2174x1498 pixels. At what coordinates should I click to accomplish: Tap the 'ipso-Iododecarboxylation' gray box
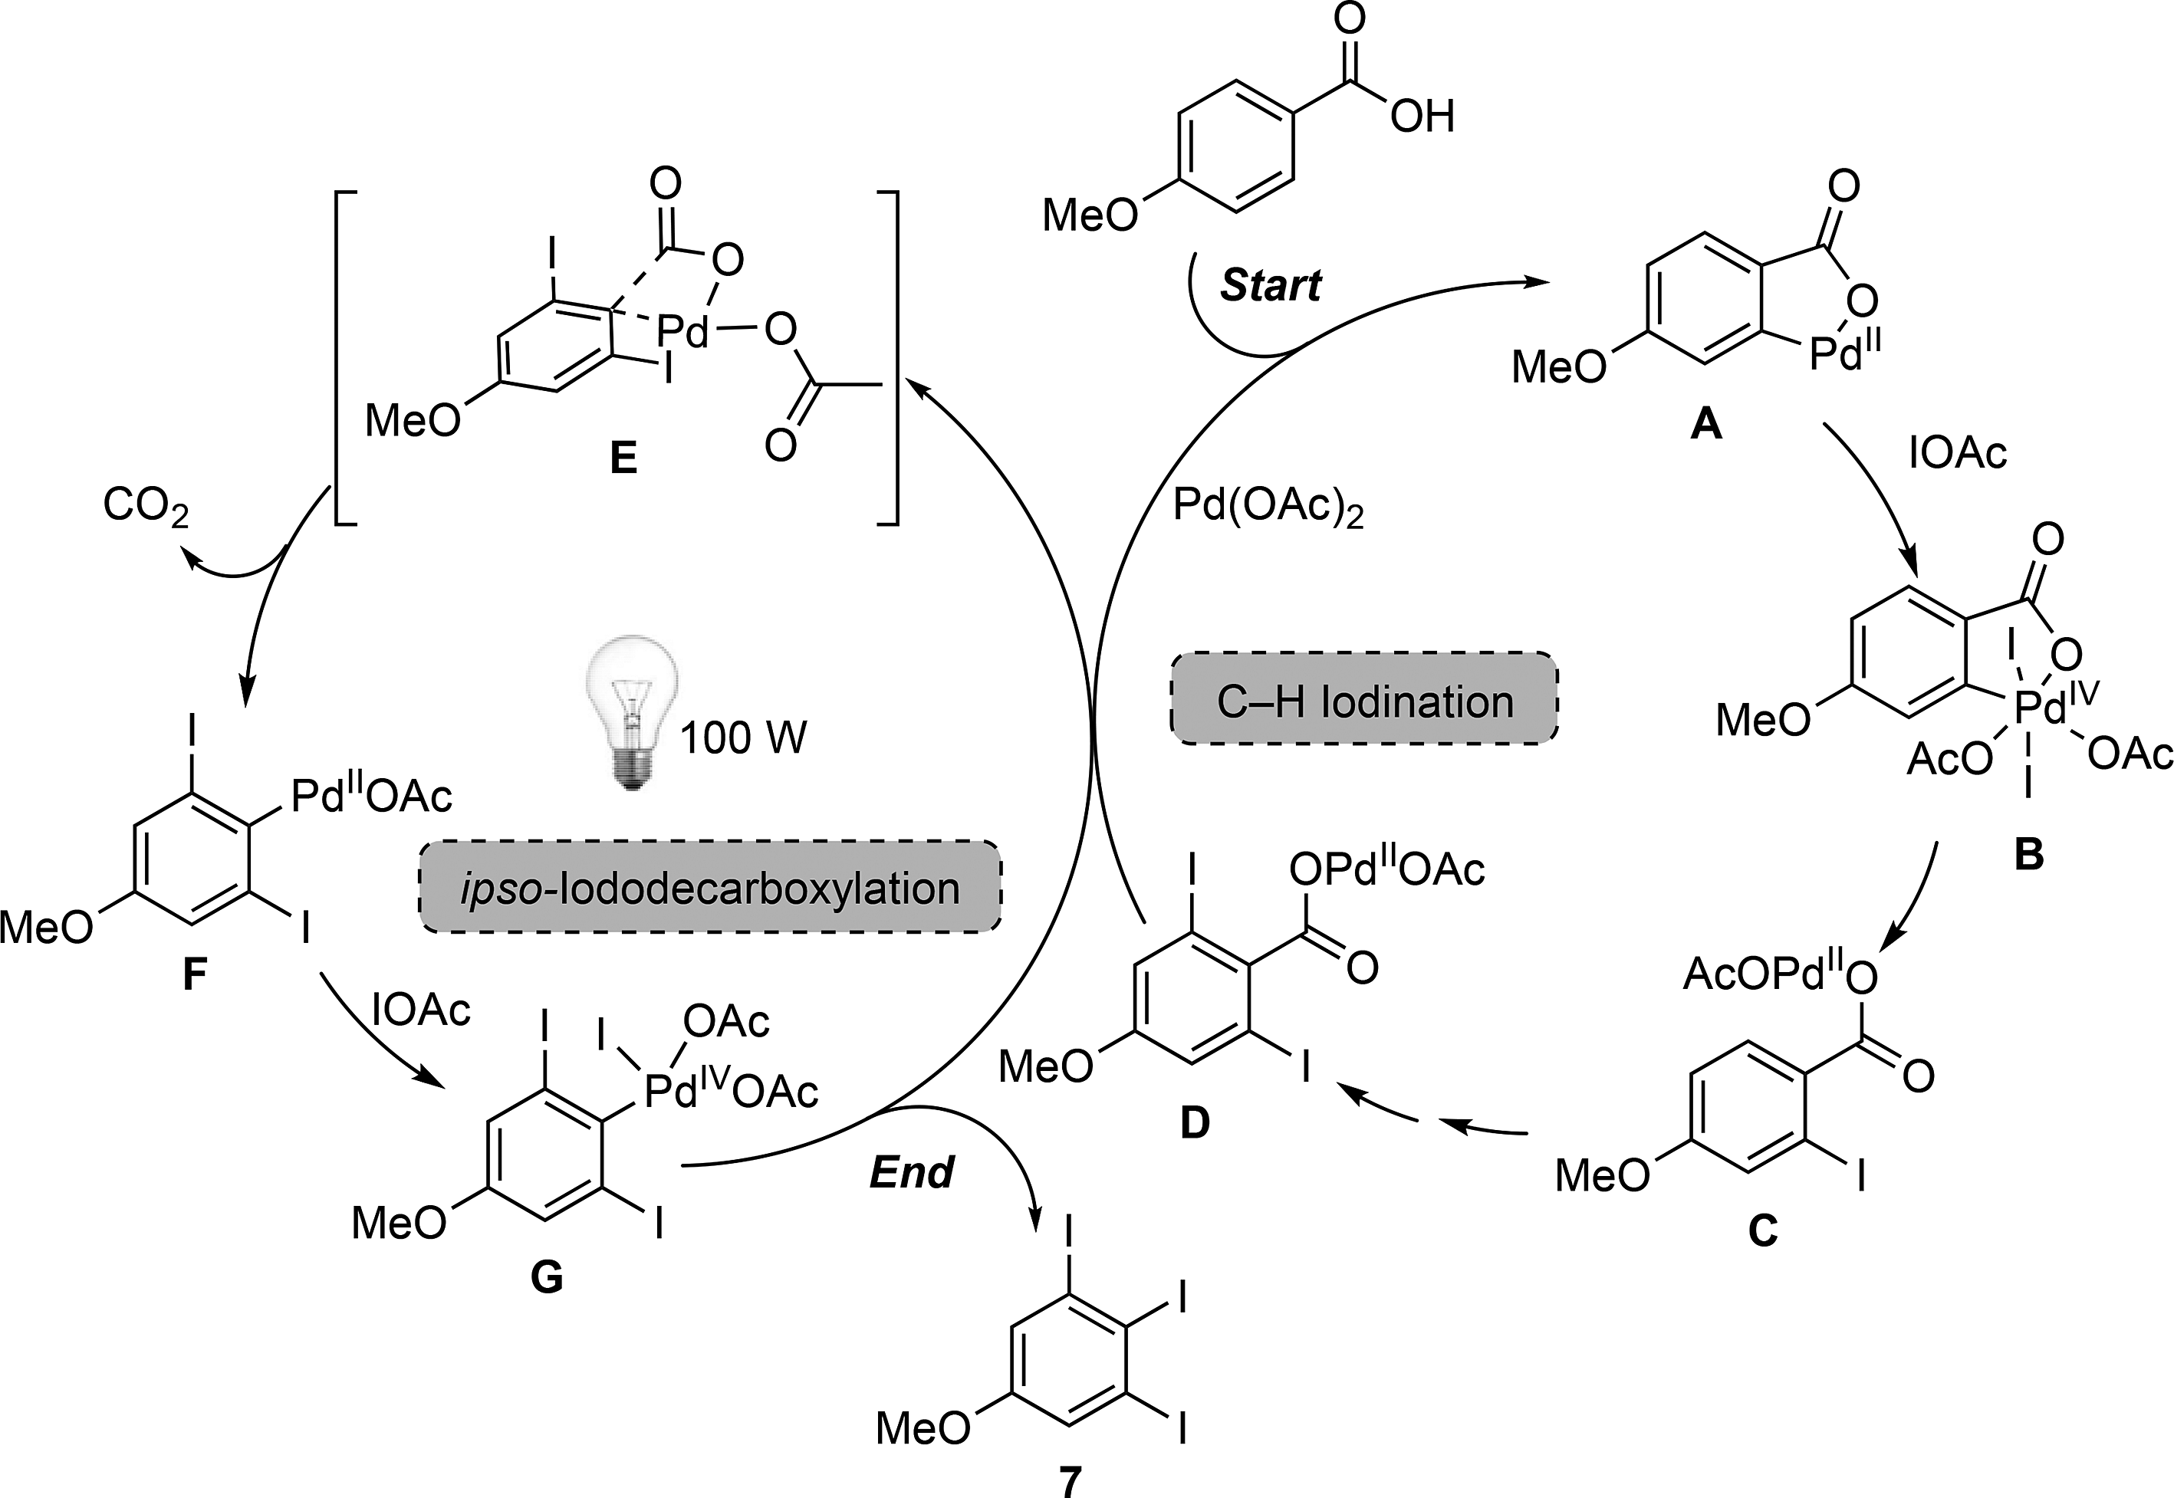point(709,888)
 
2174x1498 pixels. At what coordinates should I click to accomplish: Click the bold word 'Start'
point(1270,285)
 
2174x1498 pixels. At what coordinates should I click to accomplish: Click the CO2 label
point(146,506)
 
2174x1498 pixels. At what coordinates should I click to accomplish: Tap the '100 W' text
point(742,739)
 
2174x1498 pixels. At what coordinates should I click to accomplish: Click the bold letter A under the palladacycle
point(1705,426)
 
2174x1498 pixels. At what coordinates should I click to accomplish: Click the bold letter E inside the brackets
point(623,459)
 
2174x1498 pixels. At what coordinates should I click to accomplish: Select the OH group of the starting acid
point(1422,118)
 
